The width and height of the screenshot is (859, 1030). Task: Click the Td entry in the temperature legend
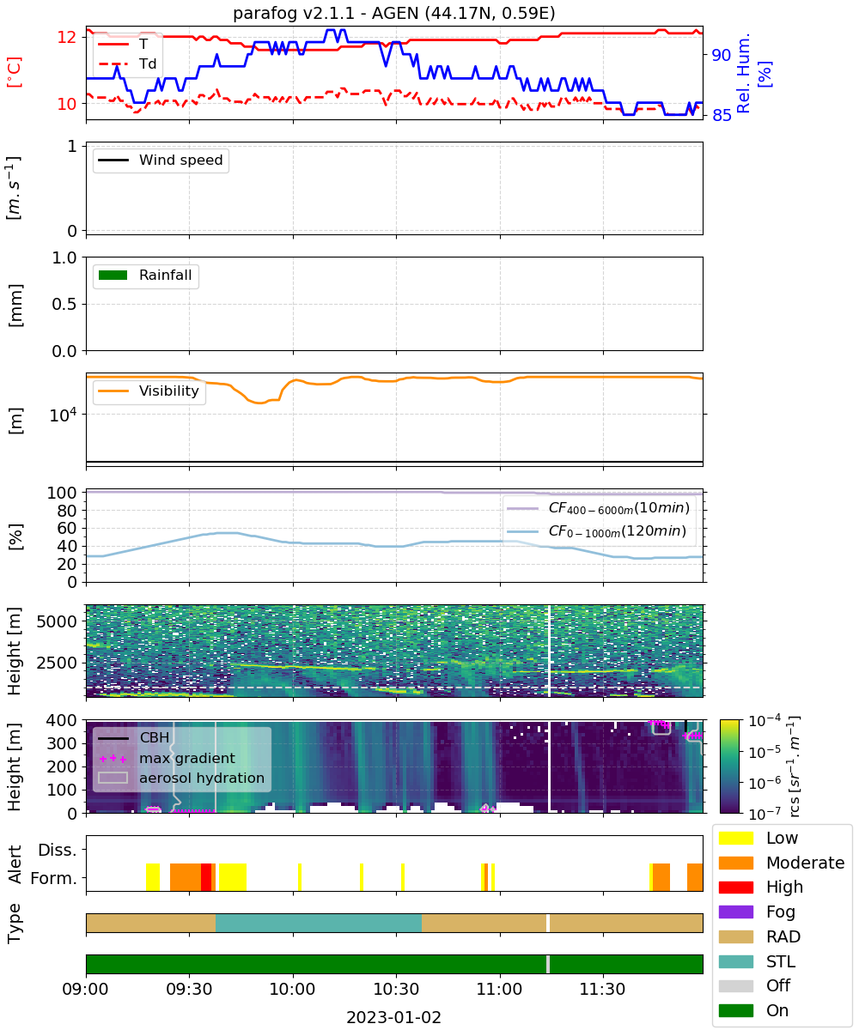[127, 64]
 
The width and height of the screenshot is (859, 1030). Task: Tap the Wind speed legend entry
[161, 160]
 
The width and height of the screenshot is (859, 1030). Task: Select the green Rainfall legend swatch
[113, 275]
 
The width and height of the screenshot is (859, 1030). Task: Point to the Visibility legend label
[169, 391]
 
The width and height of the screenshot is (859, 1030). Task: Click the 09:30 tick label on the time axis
[189, 989]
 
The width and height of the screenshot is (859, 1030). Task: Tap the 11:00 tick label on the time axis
[500, 989]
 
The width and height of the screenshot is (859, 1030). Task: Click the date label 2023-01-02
[393, 1016]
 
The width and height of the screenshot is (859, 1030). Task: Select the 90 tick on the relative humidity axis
[721, 55]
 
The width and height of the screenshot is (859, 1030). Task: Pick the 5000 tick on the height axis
[57, 621]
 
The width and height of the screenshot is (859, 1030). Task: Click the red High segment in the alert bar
[206, 877]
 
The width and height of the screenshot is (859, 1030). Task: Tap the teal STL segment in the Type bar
[319, 923]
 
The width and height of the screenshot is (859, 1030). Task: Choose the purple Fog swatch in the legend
[735, 912]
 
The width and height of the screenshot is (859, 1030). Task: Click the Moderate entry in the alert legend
[781, 863]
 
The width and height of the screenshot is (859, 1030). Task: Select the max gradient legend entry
[166, 758]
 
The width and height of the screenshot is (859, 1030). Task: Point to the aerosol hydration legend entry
[181, 778]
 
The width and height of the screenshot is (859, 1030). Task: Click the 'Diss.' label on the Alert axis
[58, 850]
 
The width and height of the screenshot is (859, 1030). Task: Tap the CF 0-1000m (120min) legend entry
[596, 531]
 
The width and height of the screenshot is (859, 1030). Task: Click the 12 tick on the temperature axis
[67, 37]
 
